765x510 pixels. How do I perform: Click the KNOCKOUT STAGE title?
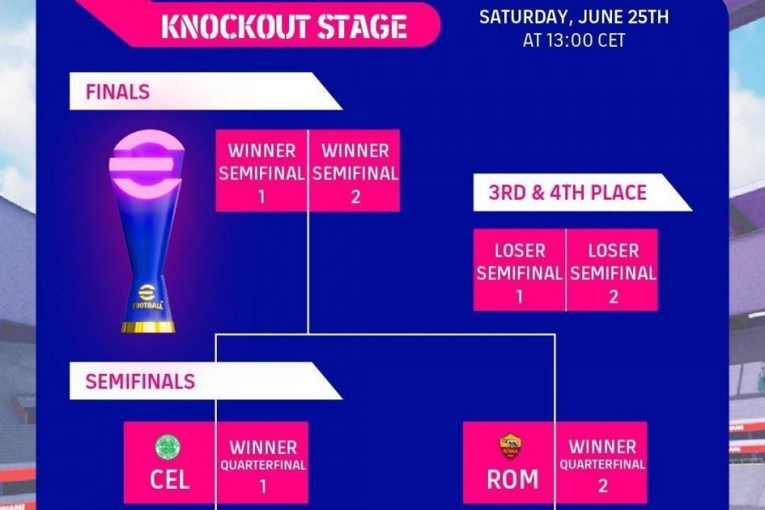pos(284,26)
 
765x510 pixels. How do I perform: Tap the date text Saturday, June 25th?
pos(574,17)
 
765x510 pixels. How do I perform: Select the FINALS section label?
pos(117,92)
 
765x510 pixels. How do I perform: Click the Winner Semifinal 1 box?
pos(262,171)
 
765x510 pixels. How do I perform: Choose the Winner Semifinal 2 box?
pos(354,171)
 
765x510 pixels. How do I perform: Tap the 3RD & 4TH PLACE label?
pos(568,193)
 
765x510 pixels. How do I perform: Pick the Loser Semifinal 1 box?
pos(519,270)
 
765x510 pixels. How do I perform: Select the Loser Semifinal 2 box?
pos(612,270)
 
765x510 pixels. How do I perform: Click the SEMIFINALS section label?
pos(140,382)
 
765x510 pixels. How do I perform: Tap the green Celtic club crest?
pos(167,448)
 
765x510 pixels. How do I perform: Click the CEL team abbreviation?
pos(169,479)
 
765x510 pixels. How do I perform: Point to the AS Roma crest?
pos(510,446)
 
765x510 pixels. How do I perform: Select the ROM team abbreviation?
pos(513,479)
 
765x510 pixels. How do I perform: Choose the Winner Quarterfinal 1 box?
pos(263,462)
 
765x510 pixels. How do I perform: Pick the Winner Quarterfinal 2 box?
pos(602,462)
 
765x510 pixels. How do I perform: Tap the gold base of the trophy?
pos(148,326)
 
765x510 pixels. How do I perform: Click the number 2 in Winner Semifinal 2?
pos(355,196)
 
